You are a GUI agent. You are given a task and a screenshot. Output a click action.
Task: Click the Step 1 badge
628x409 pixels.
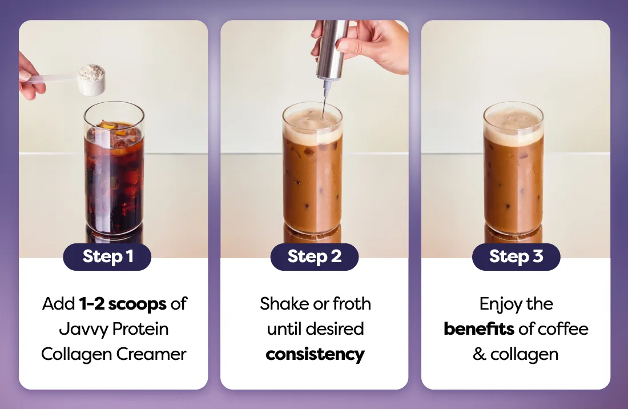(107, 257)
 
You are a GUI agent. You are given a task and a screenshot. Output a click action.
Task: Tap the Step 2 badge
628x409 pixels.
(315, 257)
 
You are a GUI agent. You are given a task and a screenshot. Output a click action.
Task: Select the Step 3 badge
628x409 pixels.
(516, 257)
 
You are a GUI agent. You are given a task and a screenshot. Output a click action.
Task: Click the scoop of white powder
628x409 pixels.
(91, 79)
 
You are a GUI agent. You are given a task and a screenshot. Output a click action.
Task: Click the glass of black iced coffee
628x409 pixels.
(114, 169)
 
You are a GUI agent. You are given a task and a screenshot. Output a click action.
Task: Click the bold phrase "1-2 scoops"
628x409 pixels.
(123, 304)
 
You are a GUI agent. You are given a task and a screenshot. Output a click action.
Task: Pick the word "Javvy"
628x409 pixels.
(83, 330)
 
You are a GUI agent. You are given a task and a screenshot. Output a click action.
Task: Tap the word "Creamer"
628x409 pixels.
(151, 354)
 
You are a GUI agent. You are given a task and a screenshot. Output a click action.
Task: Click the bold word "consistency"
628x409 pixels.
(315, 355)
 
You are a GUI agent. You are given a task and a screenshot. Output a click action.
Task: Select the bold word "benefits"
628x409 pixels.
(479, 329)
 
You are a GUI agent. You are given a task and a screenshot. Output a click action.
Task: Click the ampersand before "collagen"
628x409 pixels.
(480, 354)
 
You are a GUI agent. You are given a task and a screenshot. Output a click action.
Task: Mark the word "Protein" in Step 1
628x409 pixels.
(140, 329)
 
